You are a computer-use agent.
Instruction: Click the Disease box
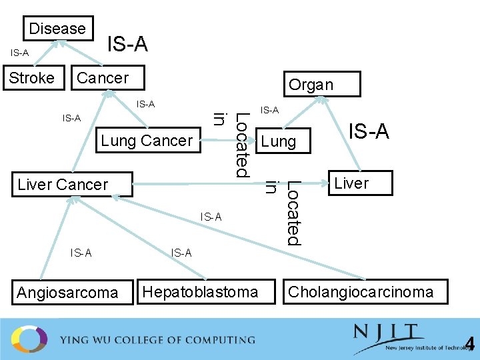[57, 29]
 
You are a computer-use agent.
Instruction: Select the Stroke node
[32, 77]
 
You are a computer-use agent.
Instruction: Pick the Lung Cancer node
[147, 141]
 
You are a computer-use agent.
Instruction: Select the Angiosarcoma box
[67, 292]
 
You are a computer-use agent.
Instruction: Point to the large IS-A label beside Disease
[127, 45]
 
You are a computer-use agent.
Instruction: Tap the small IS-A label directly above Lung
[269, 110]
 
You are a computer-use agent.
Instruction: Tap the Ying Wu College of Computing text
[157, 340]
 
